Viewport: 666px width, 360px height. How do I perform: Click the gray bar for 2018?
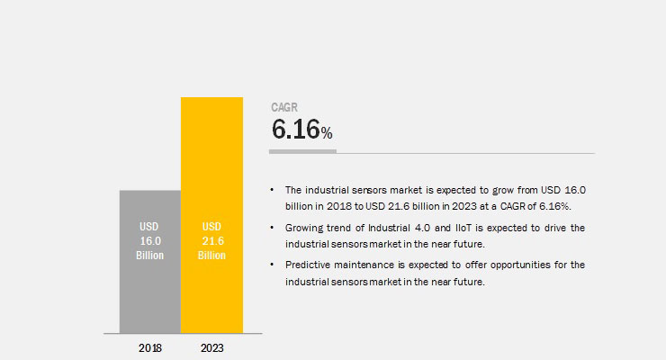(150, 262)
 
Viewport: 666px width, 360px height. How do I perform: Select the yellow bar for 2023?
(211, 215)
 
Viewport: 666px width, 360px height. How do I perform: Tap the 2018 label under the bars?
(150, 348)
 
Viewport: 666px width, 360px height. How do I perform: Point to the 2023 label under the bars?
(211, 348)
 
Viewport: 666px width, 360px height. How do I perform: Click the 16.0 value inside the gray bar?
(150, 241)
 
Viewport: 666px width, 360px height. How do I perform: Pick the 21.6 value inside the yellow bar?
(212, 241)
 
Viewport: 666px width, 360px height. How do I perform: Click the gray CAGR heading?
(284, 107)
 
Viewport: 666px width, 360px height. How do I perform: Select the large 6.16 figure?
(295, 129)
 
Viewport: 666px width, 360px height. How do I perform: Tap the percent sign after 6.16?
(327, 133)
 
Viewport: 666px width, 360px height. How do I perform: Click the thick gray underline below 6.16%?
(302, 151)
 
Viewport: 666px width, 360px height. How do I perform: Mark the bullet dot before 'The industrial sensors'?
(272, 190)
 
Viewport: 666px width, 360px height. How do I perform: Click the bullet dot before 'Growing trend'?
(272, 228)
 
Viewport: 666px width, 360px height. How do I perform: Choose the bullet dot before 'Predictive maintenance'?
(272, 265)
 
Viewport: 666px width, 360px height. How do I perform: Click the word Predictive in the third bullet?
(307, 265)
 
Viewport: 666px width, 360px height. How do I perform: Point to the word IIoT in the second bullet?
(463, 228)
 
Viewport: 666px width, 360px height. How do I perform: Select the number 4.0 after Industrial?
(423, 228)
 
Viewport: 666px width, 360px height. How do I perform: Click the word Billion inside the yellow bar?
(211, 255)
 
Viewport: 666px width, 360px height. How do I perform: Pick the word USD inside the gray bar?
(149, 227)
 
